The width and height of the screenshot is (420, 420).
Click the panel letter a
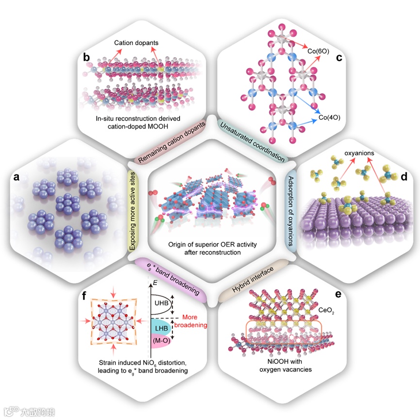(17, 178)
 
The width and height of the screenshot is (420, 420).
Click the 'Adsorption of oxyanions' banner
(290, 210)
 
